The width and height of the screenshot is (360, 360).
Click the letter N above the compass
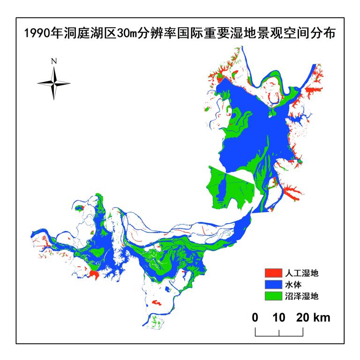coord(54,61)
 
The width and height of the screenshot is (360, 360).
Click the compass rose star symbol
coord(54,83)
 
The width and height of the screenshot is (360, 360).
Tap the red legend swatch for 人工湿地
coord(272,272)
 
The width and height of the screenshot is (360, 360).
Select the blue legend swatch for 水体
coord(272,284)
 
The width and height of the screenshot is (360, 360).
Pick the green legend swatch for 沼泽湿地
coord(272,296)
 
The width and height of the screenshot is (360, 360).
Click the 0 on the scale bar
coord(255,318)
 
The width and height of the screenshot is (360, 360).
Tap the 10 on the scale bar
coord(279,318)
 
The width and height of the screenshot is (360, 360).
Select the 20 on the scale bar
coord(302,318)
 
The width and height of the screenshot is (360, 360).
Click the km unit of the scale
coord(322,318)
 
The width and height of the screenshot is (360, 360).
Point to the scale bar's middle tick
coord(279,332)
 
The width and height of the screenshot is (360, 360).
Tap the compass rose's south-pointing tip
coord(54,98)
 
